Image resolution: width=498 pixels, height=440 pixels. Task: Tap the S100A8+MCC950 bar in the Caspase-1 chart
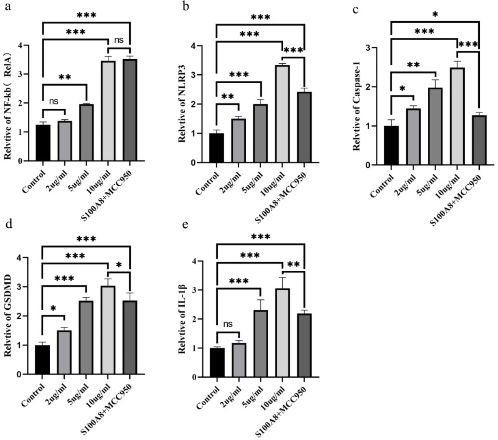479,140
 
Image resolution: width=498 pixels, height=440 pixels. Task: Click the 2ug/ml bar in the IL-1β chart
239,360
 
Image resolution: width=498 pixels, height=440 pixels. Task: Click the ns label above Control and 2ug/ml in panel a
54,101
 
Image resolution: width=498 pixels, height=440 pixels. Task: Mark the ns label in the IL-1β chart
228,324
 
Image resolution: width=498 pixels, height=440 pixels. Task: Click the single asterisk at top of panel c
435,14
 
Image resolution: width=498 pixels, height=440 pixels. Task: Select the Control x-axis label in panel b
207,183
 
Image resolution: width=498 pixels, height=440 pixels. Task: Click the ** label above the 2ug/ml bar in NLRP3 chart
227,97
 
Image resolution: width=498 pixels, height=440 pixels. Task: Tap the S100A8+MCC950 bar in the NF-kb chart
130,110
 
